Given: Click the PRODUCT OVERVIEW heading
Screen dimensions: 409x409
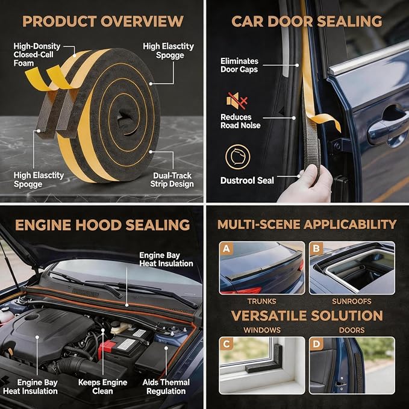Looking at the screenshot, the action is (x=103, y=22).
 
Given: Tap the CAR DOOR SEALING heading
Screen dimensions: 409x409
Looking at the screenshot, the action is (x=307, y=22).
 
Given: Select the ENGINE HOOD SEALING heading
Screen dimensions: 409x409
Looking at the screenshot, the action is (x=102, y=225).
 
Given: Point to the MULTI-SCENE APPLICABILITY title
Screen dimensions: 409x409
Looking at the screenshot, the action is (x=307, y=225).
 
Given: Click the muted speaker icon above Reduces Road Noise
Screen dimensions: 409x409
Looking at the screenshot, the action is (x=237, y=101).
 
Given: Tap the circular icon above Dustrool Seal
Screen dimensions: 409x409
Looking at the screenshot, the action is (x=237, y=157).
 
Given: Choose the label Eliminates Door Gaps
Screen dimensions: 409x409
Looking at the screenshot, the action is (x=240, y=65).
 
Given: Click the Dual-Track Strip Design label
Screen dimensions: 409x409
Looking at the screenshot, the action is (x=172, y=180).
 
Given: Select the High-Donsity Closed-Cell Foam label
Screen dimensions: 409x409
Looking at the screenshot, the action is (x=37, y=55).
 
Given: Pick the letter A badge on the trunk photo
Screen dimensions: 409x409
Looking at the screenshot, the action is (x=226, y=249).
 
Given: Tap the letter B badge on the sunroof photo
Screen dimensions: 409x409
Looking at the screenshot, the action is (x=316, y=249).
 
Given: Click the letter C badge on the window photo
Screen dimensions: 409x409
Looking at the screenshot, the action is (x=226, y=344).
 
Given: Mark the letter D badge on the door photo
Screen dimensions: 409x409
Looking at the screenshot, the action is (x=316, y=344).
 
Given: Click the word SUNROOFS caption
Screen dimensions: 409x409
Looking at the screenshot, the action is (x=351, y=302).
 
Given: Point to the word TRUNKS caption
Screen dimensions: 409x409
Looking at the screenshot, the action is (x=261, y=302).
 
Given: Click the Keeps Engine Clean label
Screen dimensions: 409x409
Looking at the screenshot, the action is (x=102, y=387).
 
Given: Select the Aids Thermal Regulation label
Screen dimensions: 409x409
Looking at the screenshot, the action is (x=166, y=387).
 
